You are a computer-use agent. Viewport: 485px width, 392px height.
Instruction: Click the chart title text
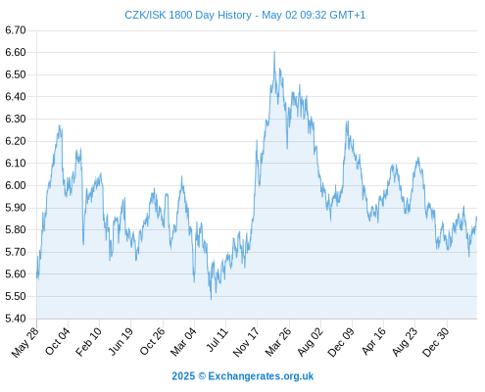(245, 15)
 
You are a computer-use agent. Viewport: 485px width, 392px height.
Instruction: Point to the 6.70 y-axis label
(16, 30)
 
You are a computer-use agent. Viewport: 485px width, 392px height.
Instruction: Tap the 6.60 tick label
(16, 52)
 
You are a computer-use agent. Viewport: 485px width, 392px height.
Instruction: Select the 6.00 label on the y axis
(16, 185)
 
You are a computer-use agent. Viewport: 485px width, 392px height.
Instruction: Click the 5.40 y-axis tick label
(16, 318)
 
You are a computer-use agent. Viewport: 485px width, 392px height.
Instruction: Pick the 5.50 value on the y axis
(16, 296)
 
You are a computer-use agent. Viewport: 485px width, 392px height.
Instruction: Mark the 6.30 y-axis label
(16, 119)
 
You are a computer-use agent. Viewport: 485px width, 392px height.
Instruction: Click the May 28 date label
(24, 342)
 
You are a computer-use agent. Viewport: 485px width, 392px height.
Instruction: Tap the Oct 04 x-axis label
(58, 342)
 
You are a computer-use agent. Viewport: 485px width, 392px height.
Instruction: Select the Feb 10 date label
(88, 342)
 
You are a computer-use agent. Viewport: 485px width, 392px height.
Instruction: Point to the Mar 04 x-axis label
(183, 342)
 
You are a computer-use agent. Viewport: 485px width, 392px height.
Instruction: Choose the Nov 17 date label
(246, 342)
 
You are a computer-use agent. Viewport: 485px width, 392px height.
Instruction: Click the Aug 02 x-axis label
(310, 342)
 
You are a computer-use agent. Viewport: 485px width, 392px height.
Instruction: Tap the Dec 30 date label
(436, 342)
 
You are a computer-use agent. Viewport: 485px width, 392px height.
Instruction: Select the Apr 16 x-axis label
(373, 341)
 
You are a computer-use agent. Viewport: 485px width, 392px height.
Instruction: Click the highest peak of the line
(274, 52)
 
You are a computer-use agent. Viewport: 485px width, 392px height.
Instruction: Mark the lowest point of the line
(211, 299)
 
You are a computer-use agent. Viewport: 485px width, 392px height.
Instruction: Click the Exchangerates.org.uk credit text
(261, 376)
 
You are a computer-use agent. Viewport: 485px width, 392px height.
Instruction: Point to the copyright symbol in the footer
(202, 376)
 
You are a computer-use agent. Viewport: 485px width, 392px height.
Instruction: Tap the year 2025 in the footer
(183, 376)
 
